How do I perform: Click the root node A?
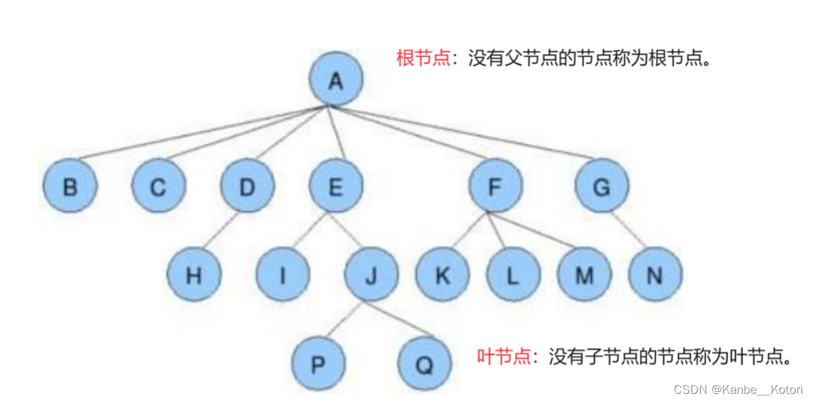click(336, 81)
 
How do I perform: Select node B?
click(70, 186)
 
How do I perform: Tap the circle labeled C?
click(157, 186)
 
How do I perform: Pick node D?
click(247, 186)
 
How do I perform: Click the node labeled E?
click(336, 186)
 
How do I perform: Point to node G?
click(601, 186)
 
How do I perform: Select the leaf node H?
click(195, 275)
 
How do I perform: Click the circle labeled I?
click(283, 275)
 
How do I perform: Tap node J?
click(371, 275)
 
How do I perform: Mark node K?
click(443, 275)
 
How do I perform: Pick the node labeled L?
click(513, 275)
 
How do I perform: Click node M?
click(585, 275)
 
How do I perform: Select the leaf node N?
click(655, 275)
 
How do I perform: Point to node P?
click(318, 364)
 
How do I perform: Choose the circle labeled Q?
click(424, 364)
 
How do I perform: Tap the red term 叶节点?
click(503, 355)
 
